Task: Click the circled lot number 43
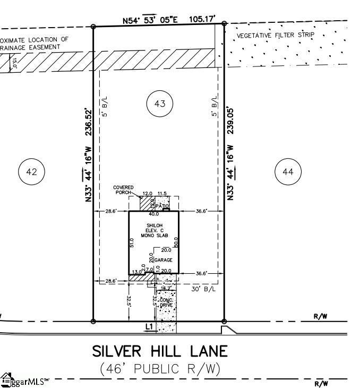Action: point(160,104)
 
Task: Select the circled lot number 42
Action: point(31,172)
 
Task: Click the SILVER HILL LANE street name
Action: point(160,351)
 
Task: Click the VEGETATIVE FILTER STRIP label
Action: point(275,35)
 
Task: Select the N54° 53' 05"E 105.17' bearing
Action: point(169,20)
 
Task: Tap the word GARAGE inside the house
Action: point(164,260)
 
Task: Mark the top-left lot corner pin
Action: point(93,26)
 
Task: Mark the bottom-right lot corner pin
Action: point(224,321)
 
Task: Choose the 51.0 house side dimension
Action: point(132,242)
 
